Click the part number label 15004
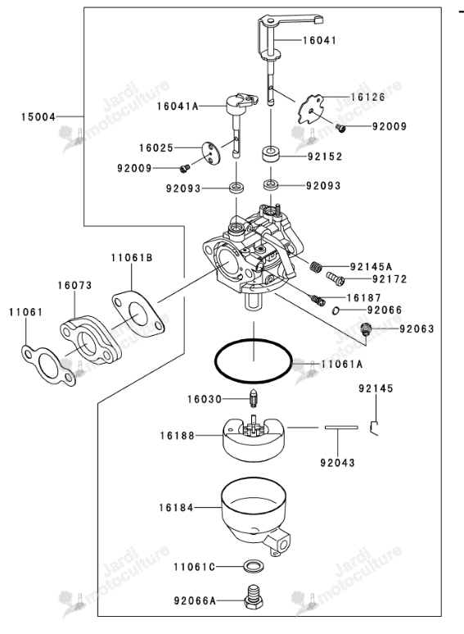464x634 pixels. tap(38, 117)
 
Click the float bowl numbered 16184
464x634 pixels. tap(255, 518)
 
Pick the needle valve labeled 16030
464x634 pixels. tap(253, 400)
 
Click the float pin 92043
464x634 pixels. tap(341, 427)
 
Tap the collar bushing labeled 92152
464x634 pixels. tap(271, 155)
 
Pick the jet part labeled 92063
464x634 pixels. tap(366, 328)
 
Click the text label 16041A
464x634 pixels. tap(178, 106)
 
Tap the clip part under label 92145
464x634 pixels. tap(373, 428)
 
